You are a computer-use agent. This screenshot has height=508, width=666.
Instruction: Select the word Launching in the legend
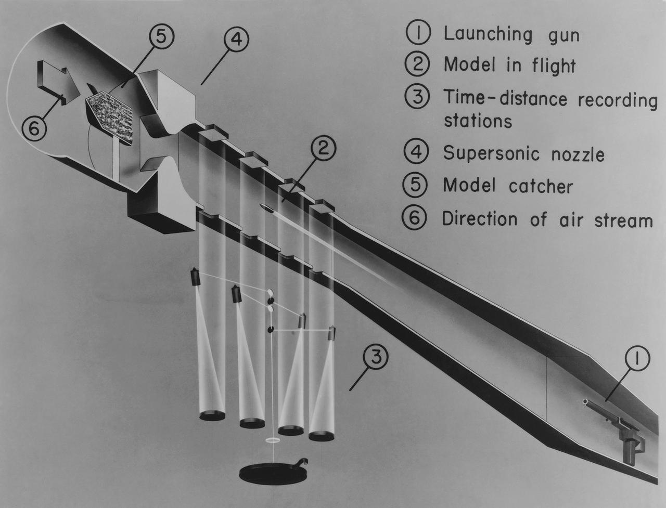click(488, 34)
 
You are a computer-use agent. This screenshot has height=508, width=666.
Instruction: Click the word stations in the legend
click(477, 121)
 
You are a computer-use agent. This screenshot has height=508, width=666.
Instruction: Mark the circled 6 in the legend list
click(415, 218)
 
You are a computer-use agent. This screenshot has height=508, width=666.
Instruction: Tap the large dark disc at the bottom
click(273, 472)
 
